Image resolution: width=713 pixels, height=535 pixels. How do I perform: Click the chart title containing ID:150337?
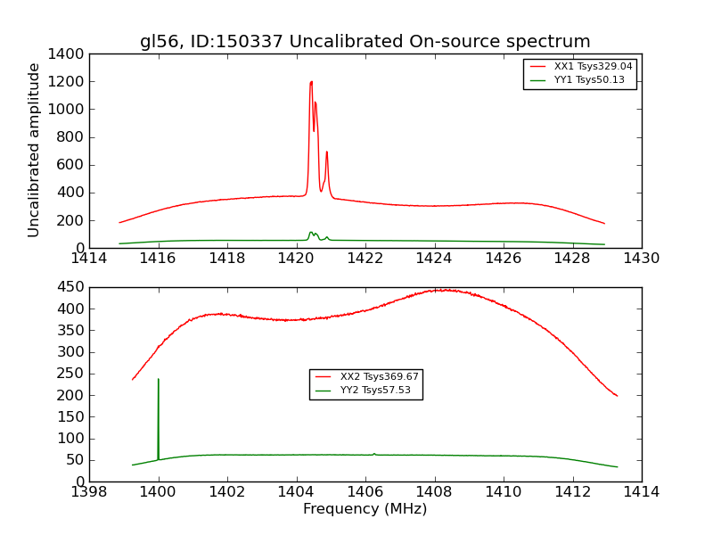(x=365, y=42)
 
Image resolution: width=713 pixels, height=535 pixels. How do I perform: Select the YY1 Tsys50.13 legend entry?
(x=589, y=80)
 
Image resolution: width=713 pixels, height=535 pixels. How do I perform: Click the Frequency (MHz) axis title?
(x=365, y=509)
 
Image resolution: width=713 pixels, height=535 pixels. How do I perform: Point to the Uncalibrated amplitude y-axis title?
(x=35, y=150)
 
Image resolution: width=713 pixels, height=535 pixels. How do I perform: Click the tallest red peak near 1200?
(x=311, y=82)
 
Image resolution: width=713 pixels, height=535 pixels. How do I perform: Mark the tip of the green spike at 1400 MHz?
(x=159, y=379)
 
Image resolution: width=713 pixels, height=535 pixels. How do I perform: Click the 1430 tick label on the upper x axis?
(x=641, y=259)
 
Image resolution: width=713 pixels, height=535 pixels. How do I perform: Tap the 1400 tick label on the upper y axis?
(x=69, y=54)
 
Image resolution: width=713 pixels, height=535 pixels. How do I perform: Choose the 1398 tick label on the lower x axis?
(x=90, y=491)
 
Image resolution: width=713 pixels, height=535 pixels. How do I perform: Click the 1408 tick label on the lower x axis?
(x=434, y=491)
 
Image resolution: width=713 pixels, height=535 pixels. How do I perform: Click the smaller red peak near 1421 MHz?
(x=327, y=152)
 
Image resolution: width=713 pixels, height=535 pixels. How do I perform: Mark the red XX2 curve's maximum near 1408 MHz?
(x=443, y=290)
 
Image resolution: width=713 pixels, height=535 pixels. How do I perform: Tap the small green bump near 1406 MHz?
(x=374, y=453)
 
